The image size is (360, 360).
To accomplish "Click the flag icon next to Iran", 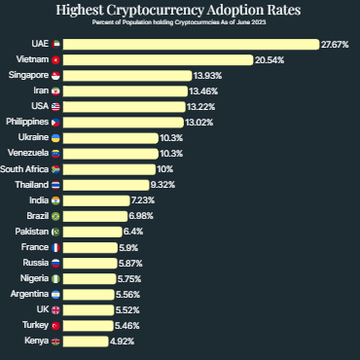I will click(55, 90).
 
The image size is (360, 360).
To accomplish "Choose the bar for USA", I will click(126, 106).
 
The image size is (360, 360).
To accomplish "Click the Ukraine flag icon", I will click(55, 138).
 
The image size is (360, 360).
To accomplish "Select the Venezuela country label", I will click(25, 154).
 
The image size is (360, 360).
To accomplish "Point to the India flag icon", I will click(55, 199).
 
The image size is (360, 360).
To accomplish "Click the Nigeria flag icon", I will click(55, 278).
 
